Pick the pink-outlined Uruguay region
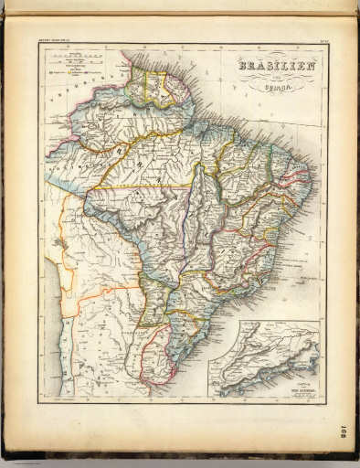tap(158, 358)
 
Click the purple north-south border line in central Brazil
tap(189, 229)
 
